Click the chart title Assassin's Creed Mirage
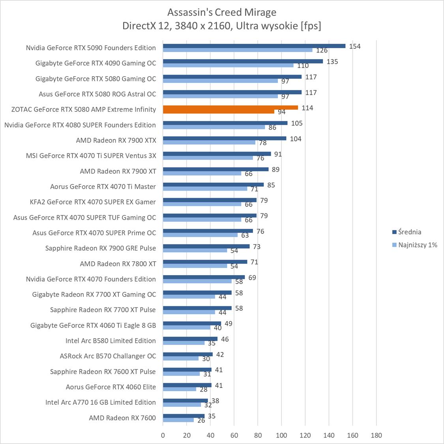(x=221, y=12)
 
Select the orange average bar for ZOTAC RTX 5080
(x=230, y=107)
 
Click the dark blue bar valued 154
(x=254, y=46)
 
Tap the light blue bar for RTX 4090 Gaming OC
(x=228, y=65)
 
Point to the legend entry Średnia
(x=409, y=232)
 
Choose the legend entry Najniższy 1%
(x=418, y=245)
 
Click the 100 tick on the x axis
(x=281, y=435)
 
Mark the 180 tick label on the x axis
(x=377, y=435)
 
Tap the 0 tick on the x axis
(x=163, y=435)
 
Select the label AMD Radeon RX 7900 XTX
(x=116, y=140)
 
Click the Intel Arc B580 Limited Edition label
(x=111, y=341)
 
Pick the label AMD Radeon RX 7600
(x=122, y=418)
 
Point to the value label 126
(x=322, y=51)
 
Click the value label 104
(x=296, y=139)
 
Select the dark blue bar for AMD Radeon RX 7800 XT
(x=205, y=262)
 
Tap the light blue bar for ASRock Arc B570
(x=181, y=358)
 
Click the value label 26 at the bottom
(x=201, y=421)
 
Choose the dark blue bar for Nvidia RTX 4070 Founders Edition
(x=204, y=277)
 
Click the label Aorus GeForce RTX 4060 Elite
(x=111, y=387)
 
